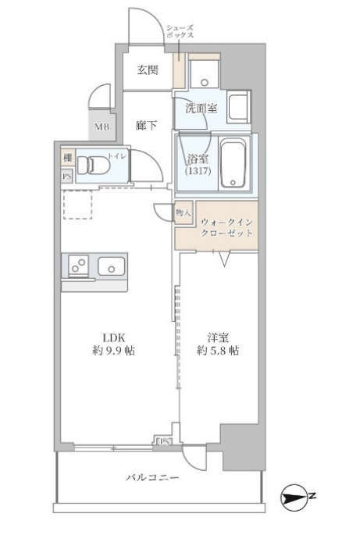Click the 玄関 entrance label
(x=148, y=70)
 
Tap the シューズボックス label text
(x=180, y=32)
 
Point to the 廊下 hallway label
(x=146, y=124)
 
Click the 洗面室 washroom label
(x=201, y=109)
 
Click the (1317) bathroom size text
(x=196, y=170)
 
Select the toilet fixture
(x=98, y=166)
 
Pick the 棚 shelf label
(x=68, y=158)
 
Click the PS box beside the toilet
(x=68, y=176)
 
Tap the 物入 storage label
(x=184, y=212)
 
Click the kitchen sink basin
(x=112, y=267)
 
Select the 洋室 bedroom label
(x=219, y=337)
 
